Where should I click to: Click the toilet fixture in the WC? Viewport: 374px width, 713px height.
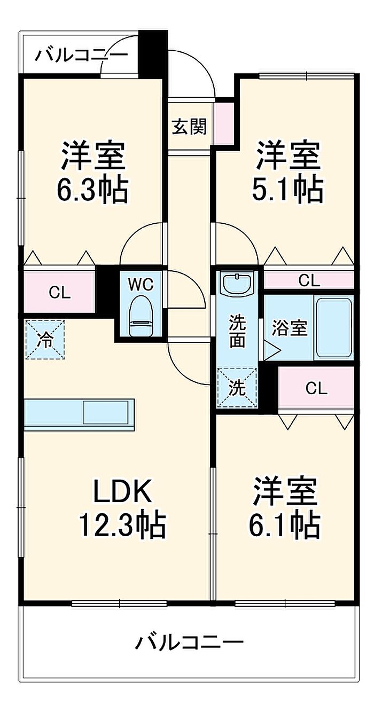[x=141, y=316]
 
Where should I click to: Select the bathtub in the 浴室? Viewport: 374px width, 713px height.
[x=334, y=328]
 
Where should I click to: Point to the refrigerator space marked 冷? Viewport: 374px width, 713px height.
[x=45, y=340]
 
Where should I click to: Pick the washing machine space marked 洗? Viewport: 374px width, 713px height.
[x=237, y=388]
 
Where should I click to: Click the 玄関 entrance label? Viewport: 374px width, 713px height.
[x=190, y=127]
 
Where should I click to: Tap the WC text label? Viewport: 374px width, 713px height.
[x=141, y=284]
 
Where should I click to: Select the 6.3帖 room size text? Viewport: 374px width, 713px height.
[x=92, y=190]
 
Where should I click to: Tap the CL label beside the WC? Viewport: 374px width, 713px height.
[x=59, y=293]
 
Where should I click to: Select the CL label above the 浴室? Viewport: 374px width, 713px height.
[x=309, y=280]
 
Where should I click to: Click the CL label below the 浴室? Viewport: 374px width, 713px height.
[x=316, y=388]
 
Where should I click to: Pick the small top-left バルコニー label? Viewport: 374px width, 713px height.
[x=81, y=55]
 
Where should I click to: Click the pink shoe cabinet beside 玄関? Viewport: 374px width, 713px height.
[x=225, y=123]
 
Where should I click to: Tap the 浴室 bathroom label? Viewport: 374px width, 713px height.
[x=290, y=328]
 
